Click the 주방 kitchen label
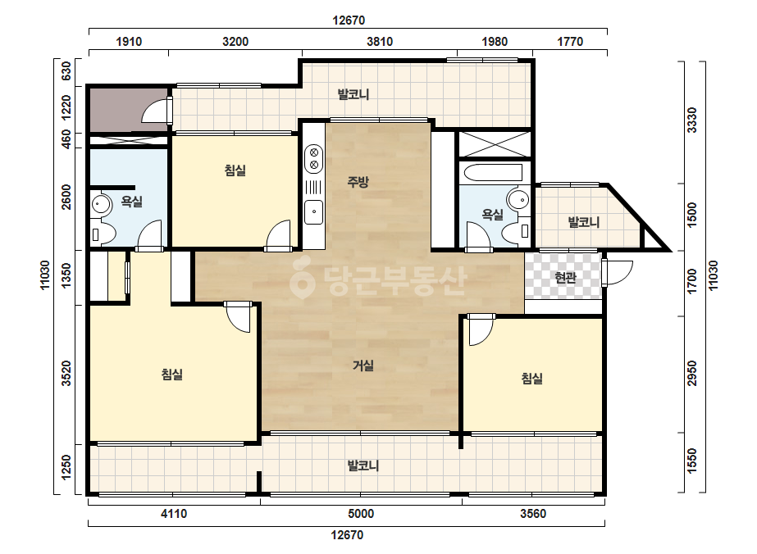pos(358,182)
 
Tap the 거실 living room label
pos(363,366)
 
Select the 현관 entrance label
pos(565,278)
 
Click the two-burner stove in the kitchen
pos(314,159)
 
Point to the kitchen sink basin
pos(314,211)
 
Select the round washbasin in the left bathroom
pos(100,203)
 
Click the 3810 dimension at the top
pos(380,42)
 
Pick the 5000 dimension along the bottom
pos(361,514)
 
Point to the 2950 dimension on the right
pos(692,373)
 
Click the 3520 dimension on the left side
pos(66,373)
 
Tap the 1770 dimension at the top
pos(570,42)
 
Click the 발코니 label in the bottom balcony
pos(363,465)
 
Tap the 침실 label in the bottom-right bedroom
pos(532,378)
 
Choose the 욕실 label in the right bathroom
pos(492,214)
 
